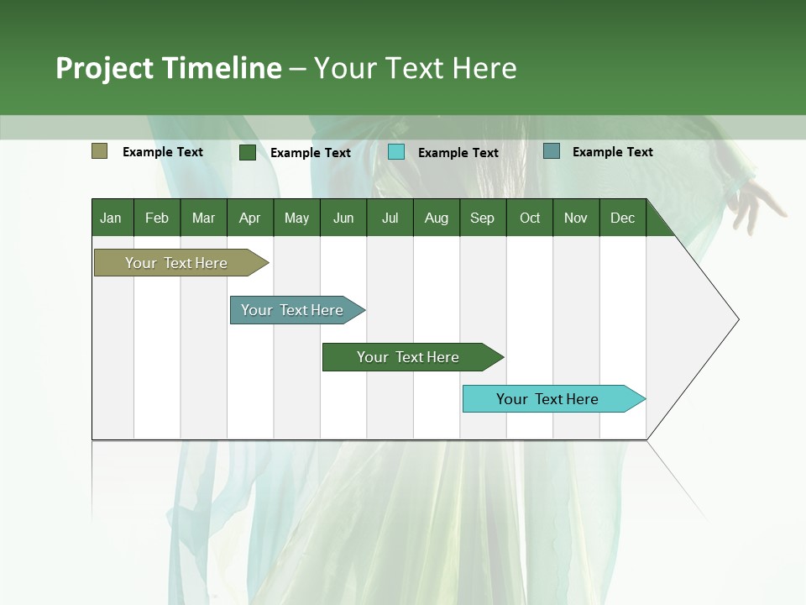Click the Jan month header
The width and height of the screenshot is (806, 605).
[x=111, y=218]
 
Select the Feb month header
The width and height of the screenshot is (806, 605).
[x=157, y=218]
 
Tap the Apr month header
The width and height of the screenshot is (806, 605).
[x=249, y=218]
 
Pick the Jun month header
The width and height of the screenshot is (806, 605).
[x=343, y=218]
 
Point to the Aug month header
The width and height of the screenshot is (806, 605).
[x=436, y=218]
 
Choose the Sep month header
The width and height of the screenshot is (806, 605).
[x=482, y=218]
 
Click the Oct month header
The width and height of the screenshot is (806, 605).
[x=530, y=218]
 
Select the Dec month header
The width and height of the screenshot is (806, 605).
[x=622, y=218]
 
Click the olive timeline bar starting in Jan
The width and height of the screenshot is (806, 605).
[x=177, y=263]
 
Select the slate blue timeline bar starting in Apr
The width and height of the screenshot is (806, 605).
[x=293, y=310]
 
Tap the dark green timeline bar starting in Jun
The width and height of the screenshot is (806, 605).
[x=409, y=357]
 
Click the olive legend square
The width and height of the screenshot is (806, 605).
[x=100, y=151]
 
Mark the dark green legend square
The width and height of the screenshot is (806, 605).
[x=248, y=152]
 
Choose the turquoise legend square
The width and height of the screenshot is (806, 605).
[x=396, y=152]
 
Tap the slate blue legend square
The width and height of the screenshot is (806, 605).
[x=552, y=151]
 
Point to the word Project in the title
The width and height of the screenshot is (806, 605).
[x=105, y=68]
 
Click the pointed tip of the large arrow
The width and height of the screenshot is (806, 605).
[x=736, y=319]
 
